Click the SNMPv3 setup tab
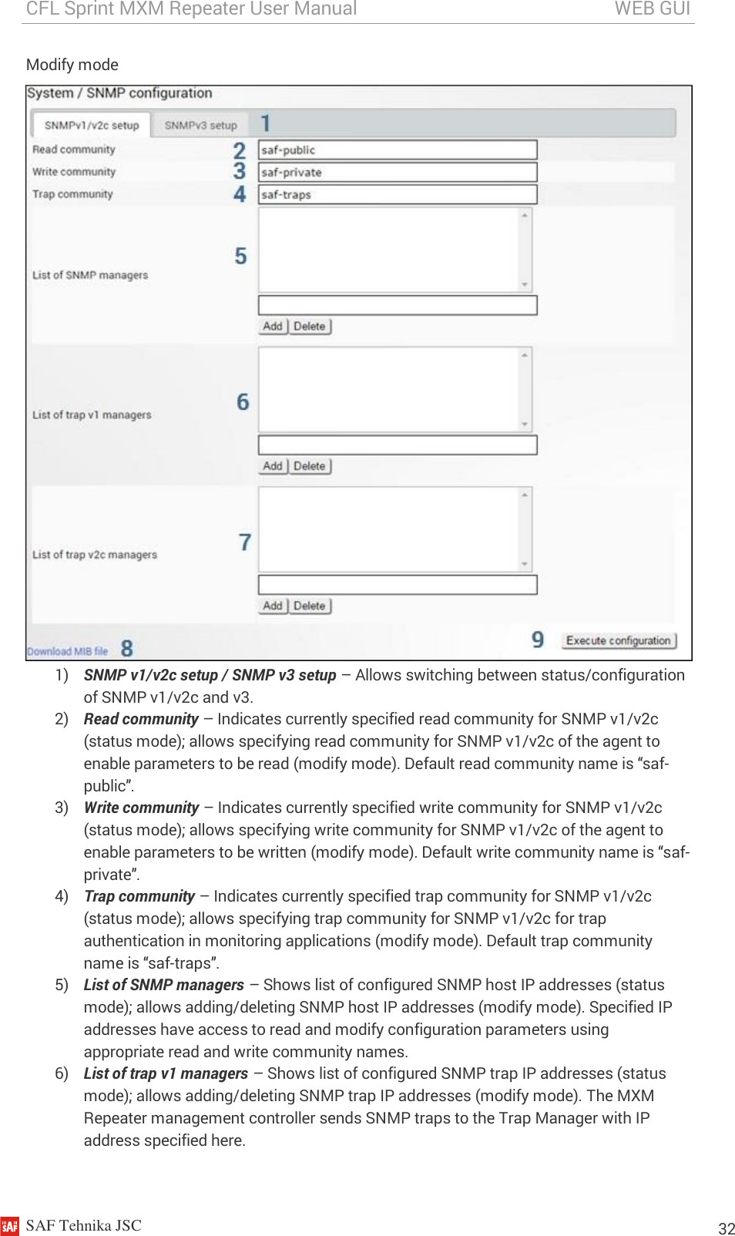200,125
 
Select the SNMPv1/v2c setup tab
91,125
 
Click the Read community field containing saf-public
397,149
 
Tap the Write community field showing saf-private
397,172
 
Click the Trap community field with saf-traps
397,194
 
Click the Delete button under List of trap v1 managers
310,465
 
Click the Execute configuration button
618,640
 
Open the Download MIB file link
68,651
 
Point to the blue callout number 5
241,256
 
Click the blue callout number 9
538,640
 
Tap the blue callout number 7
245,542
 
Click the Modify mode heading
72,65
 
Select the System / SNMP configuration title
119,92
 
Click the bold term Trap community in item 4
139,896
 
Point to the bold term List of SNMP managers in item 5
163,985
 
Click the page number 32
726,1228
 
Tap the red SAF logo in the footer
10,1226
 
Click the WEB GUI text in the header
652,8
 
